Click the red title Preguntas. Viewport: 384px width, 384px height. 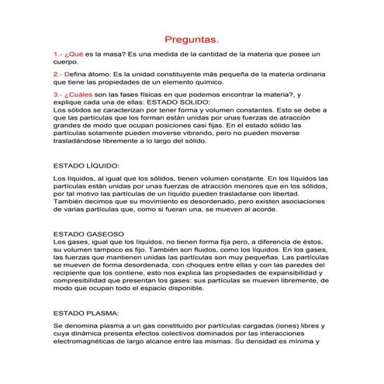[x=193, y=38]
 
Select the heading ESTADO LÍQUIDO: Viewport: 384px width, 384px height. [x=85, y=166]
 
